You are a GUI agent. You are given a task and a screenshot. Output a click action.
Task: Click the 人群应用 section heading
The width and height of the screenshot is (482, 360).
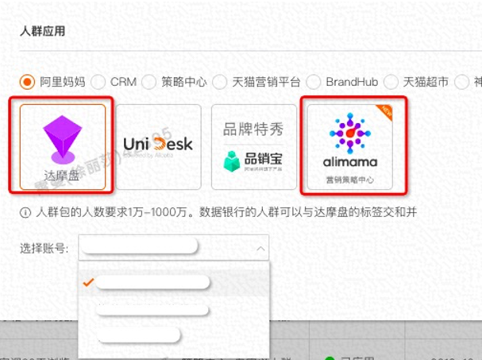point(43,31)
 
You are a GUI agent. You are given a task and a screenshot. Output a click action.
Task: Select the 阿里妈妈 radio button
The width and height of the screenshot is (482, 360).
point(28,81)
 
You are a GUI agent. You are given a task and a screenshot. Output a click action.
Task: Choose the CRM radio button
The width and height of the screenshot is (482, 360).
point(99,81)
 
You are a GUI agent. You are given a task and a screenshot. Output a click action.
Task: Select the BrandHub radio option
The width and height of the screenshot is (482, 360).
point(314,81)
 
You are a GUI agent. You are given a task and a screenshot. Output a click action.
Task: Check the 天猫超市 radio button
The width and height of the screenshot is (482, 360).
point(391,81)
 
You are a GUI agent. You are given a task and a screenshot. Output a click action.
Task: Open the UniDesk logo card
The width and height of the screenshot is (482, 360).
point(158,145)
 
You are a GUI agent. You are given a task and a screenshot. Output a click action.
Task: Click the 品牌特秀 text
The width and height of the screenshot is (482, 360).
point(253,130)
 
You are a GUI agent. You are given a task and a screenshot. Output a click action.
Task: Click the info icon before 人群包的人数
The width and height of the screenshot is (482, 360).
point(26,212)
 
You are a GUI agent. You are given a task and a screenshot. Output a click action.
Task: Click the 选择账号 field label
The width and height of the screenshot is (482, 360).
point(44,248)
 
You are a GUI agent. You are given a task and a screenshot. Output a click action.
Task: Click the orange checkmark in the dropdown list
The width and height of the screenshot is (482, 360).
point(89,282)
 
